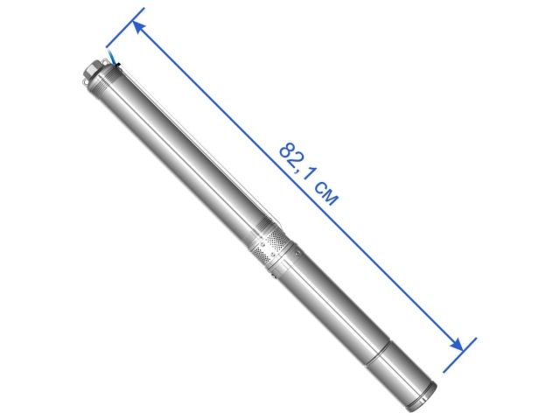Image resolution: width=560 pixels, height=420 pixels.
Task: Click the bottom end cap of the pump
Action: [x=430, y=393]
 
